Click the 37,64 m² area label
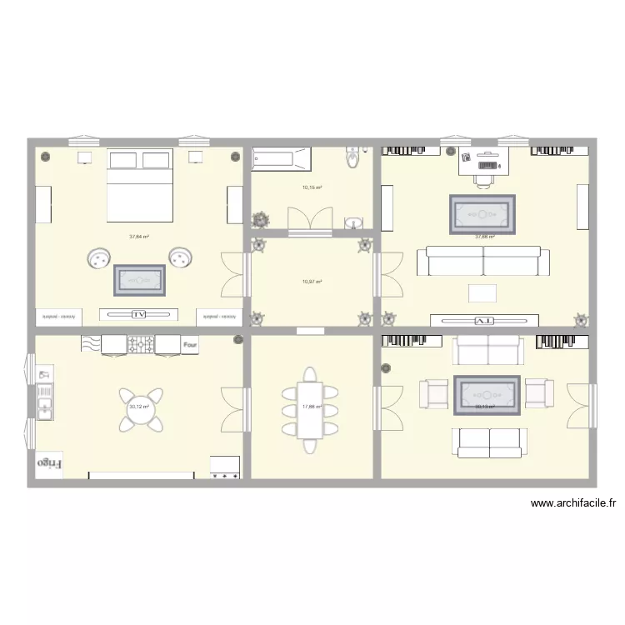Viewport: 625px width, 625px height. pyautogui.click(x=138, y=237)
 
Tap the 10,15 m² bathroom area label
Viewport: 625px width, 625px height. pyautogui.click(x=312, y=187)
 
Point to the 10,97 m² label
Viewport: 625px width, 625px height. pyautogui.click(x=312, y=282)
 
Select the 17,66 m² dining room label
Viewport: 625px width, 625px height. pyautogui.click(x=312, y=407)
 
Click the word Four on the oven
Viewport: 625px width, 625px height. pyautogui.click(x=190, y=343)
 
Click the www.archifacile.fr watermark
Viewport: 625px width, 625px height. pyautogui.click(x=572, y=503)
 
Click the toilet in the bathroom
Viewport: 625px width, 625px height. pyautogui.click(x=353, y=156)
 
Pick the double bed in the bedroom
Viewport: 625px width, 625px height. pyautogui.click(x=139, y=186)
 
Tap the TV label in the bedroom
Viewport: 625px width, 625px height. pyautogui.click(x=138, y=314)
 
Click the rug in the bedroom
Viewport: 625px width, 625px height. pyautogui.click(x=138, y=280)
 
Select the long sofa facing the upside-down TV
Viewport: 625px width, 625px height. pyautogui.click(x=484, y=261)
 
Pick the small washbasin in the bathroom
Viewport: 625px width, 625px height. pyautogui.click(x=354, y=222)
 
